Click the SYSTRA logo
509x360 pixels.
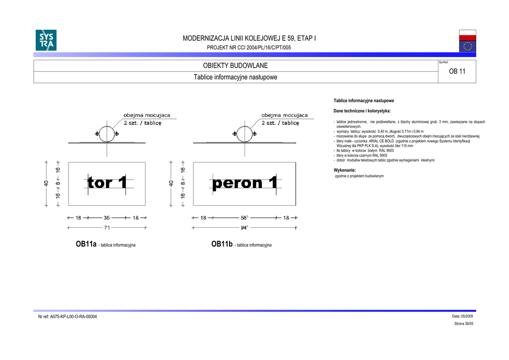(x=46, y=40)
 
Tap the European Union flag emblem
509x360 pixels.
(x=467, y=46)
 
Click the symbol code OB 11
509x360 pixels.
(x=457, y=71)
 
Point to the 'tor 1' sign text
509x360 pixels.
(x=107, y=183)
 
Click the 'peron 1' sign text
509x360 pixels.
(x=245, y=183)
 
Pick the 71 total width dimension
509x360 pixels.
(x=107, y=228)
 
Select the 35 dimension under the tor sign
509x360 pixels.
(x=107, y=217)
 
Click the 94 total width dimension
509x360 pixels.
(x=244, y=228)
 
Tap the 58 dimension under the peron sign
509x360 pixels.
(x=244, y=217)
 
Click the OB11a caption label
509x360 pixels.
(x=85, y=244)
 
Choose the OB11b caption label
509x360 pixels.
(x=222, y=244)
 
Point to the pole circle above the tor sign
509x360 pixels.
(x=107, y=134)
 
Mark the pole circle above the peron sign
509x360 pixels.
(x=244, y=134)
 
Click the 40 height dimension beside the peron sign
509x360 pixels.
(x=171, y=183)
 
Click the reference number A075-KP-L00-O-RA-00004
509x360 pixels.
(x=68, y=317)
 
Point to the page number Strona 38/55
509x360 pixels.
(x=463, y=324)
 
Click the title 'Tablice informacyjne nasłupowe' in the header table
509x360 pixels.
(x=235, y=77)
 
